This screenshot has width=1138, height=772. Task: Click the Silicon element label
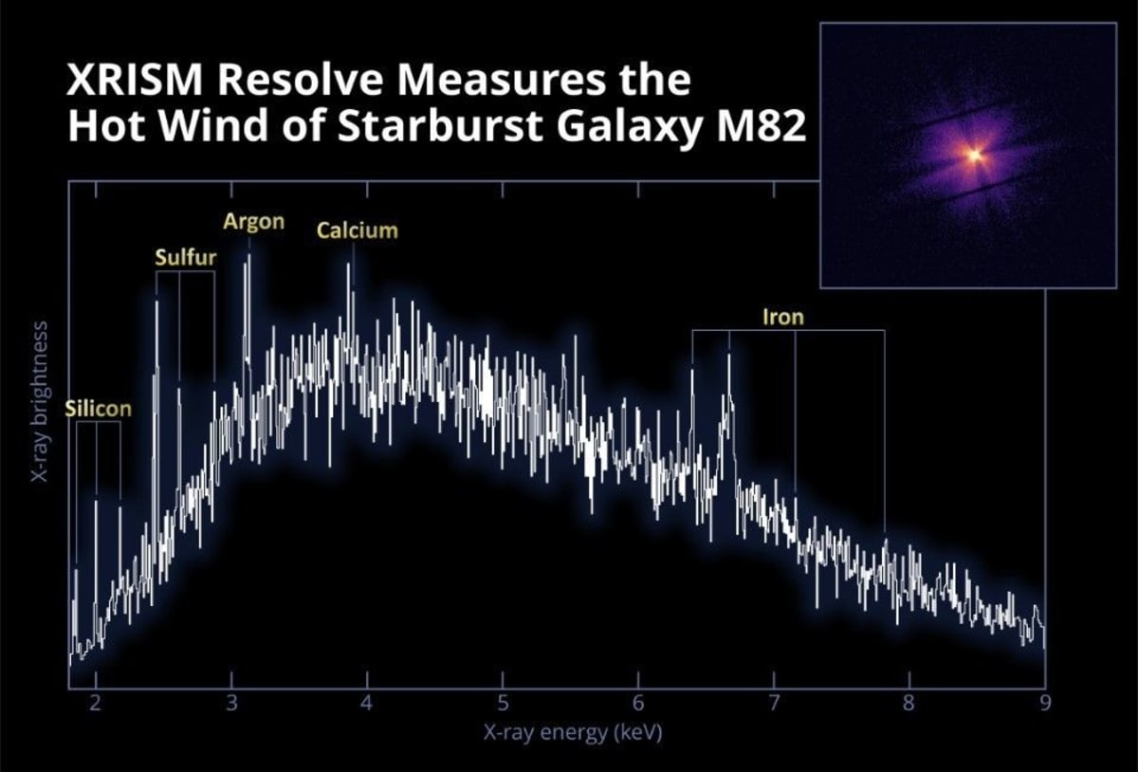[98, 409]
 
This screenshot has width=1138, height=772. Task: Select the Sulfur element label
[186, 257]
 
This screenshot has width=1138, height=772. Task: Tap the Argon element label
[253, 222]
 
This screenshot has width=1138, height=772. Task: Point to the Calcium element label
[358, 230]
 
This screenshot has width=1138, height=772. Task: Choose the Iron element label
[782, 317]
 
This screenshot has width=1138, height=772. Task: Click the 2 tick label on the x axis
[95, 704]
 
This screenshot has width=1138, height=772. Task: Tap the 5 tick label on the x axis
[503, 704]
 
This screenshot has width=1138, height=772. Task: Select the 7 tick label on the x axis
[774, 704]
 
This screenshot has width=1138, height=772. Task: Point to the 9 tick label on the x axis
[1045, 704]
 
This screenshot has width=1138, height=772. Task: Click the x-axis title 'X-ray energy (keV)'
[559, 732]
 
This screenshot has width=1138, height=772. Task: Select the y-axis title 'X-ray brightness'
[40, 401]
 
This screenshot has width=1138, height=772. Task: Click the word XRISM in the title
[133, 81]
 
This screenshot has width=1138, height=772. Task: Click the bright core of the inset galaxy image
[972, 155]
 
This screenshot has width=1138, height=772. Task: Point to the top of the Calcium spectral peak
[349, 264]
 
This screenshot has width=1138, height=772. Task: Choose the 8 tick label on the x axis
[909, 704]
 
